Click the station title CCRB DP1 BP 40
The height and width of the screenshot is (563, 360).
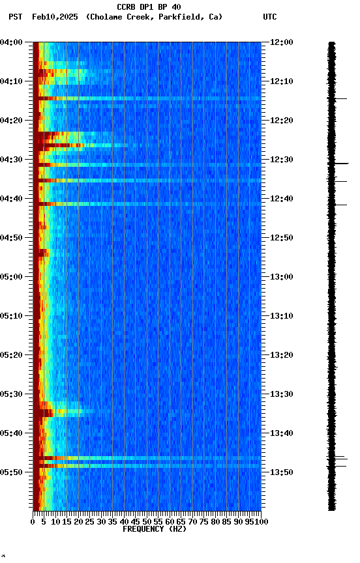pyautogui.click(x=149, y=7)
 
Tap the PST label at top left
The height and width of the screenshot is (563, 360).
pyautogui.click(x=16, y=17)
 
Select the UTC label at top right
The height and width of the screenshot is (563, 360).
pyautogui.click(x=269, y=17)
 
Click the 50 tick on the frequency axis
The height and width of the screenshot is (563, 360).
pyautogui.click(x=147, y=521)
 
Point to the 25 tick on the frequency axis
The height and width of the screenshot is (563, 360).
pyautogui.click(x=90, y=521)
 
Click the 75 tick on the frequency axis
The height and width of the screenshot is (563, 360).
pyautogui.click(x=204, y=521)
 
